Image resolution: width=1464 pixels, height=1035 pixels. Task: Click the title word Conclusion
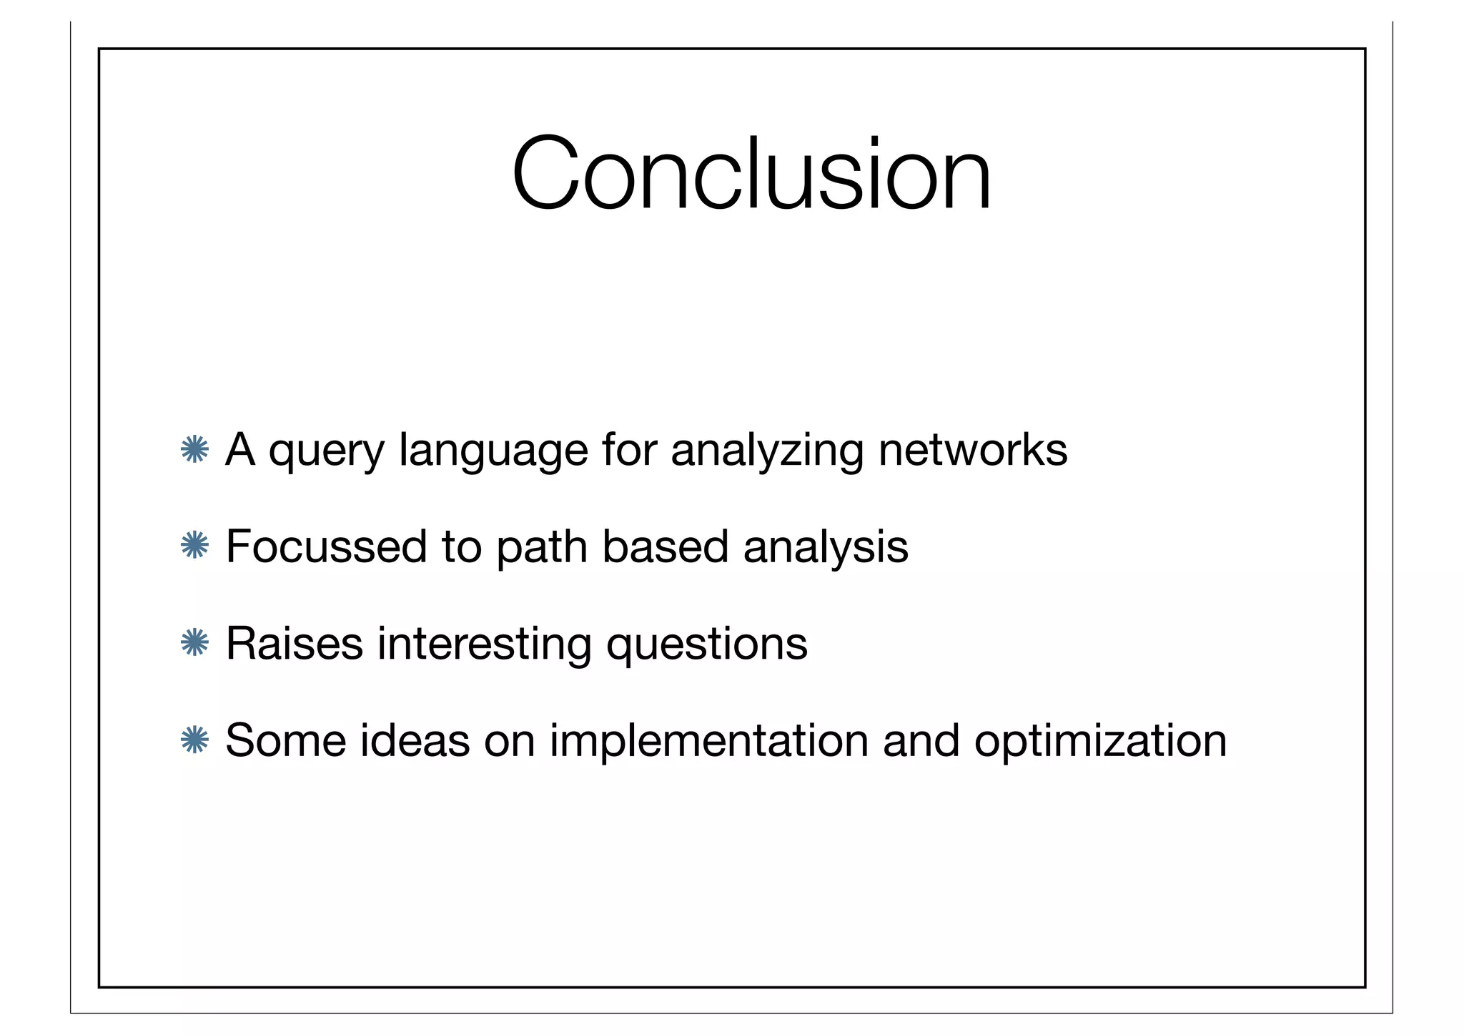(751, 174)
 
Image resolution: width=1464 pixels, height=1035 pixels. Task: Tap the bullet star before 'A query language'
(194, 449)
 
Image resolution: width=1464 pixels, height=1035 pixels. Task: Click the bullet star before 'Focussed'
(194, 546)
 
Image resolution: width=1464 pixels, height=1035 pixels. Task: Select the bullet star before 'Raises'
(194, 642)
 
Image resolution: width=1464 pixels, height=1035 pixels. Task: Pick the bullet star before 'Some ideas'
(194, 740)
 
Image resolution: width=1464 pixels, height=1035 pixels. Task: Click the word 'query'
(326, 452)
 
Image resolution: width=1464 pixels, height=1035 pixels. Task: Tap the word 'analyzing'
(767, 452)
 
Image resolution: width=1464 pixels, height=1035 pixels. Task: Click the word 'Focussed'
(326, 546)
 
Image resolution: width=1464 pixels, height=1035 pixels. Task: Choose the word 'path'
(541, 548)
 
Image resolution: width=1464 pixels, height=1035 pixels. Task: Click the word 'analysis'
(826, 548)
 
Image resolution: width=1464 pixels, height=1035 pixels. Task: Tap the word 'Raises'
(295, 643)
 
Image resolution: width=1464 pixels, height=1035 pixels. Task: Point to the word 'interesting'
(484, 644)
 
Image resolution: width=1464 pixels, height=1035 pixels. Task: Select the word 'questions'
(706, 644)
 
